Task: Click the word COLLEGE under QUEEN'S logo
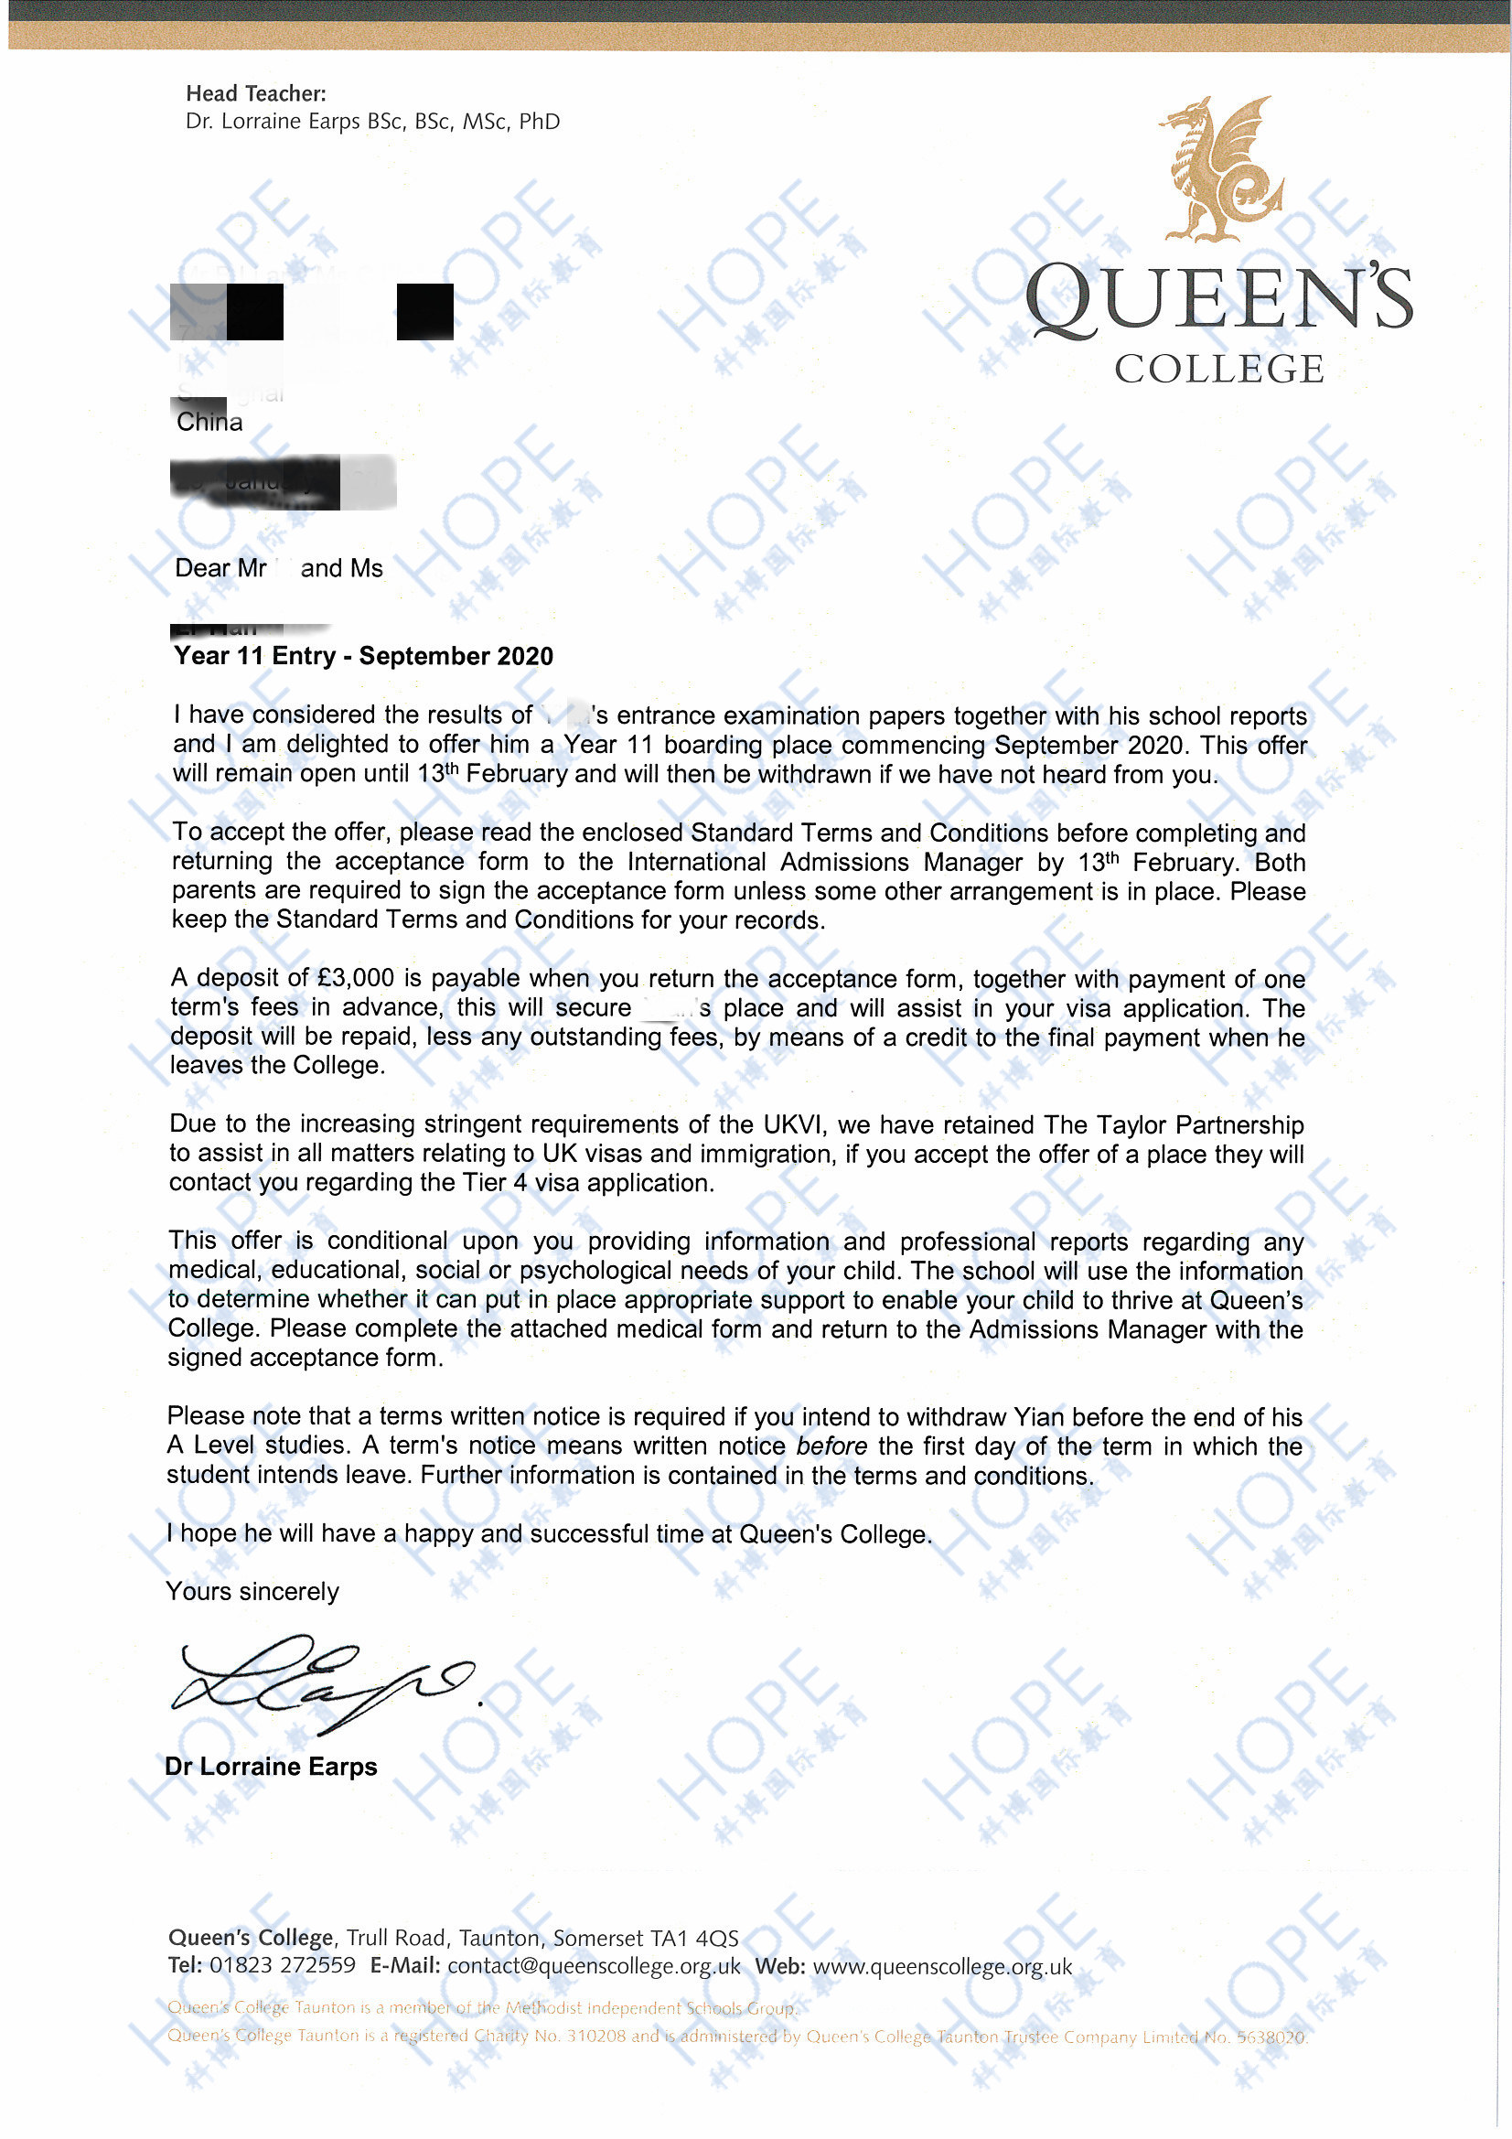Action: tap(1218, 370)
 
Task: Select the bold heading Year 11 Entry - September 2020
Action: tap(363, 656)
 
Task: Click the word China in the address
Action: tap(209, 422)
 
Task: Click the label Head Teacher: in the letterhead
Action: tap(256, 93)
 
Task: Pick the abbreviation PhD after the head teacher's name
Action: tap(540, 122)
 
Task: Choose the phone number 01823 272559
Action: tap(283, 1966)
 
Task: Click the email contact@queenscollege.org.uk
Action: tap(594, 1966)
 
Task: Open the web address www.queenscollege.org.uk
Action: tap(942, 1966)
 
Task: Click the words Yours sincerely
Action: tap(252, 1591)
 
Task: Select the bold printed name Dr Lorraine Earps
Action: tap(271, 1767)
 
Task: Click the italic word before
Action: tap(831, 1446)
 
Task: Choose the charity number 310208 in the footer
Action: tap(596, 2037)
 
